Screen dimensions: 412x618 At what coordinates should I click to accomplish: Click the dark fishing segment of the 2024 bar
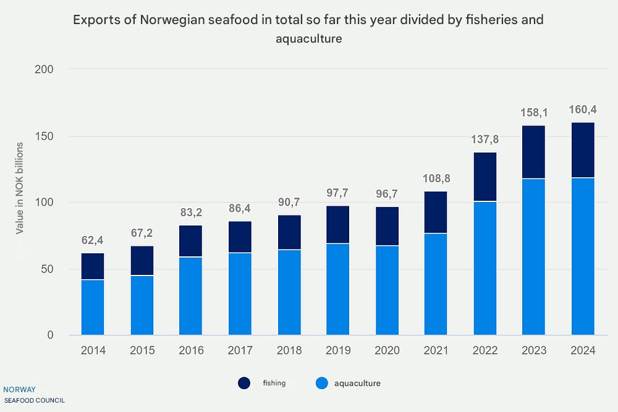(x=583, y=150)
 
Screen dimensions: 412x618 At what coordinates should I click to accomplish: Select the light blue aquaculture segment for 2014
(x=93, y=308)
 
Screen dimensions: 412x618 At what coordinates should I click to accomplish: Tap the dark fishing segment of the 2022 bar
(x=485, y=177)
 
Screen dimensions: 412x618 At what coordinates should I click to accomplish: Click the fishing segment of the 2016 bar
(x=190, y=242)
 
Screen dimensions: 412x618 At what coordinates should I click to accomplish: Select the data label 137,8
(x=485, y=140)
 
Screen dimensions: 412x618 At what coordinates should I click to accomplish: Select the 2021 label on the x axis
(x=436, y=351)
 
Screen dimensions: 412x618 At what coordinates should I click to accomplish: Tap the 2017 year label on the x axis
(x=240, y=351)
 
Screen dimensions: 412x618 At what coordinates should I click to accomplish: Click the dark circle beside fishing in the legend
(x=245, y=384)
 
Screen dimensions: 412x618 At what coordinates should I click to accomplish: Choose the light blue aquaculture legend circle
(x=321, y=384)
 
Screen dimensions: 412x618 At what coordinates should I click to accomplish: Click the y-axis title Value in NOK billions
(x=20, y=188)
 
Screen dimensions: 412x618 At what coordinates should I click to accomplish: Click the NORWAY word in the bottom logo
(x=19, y=390)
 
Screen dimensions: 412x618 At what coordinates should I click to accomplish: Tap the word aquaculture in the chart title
(x=309, y=38)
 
